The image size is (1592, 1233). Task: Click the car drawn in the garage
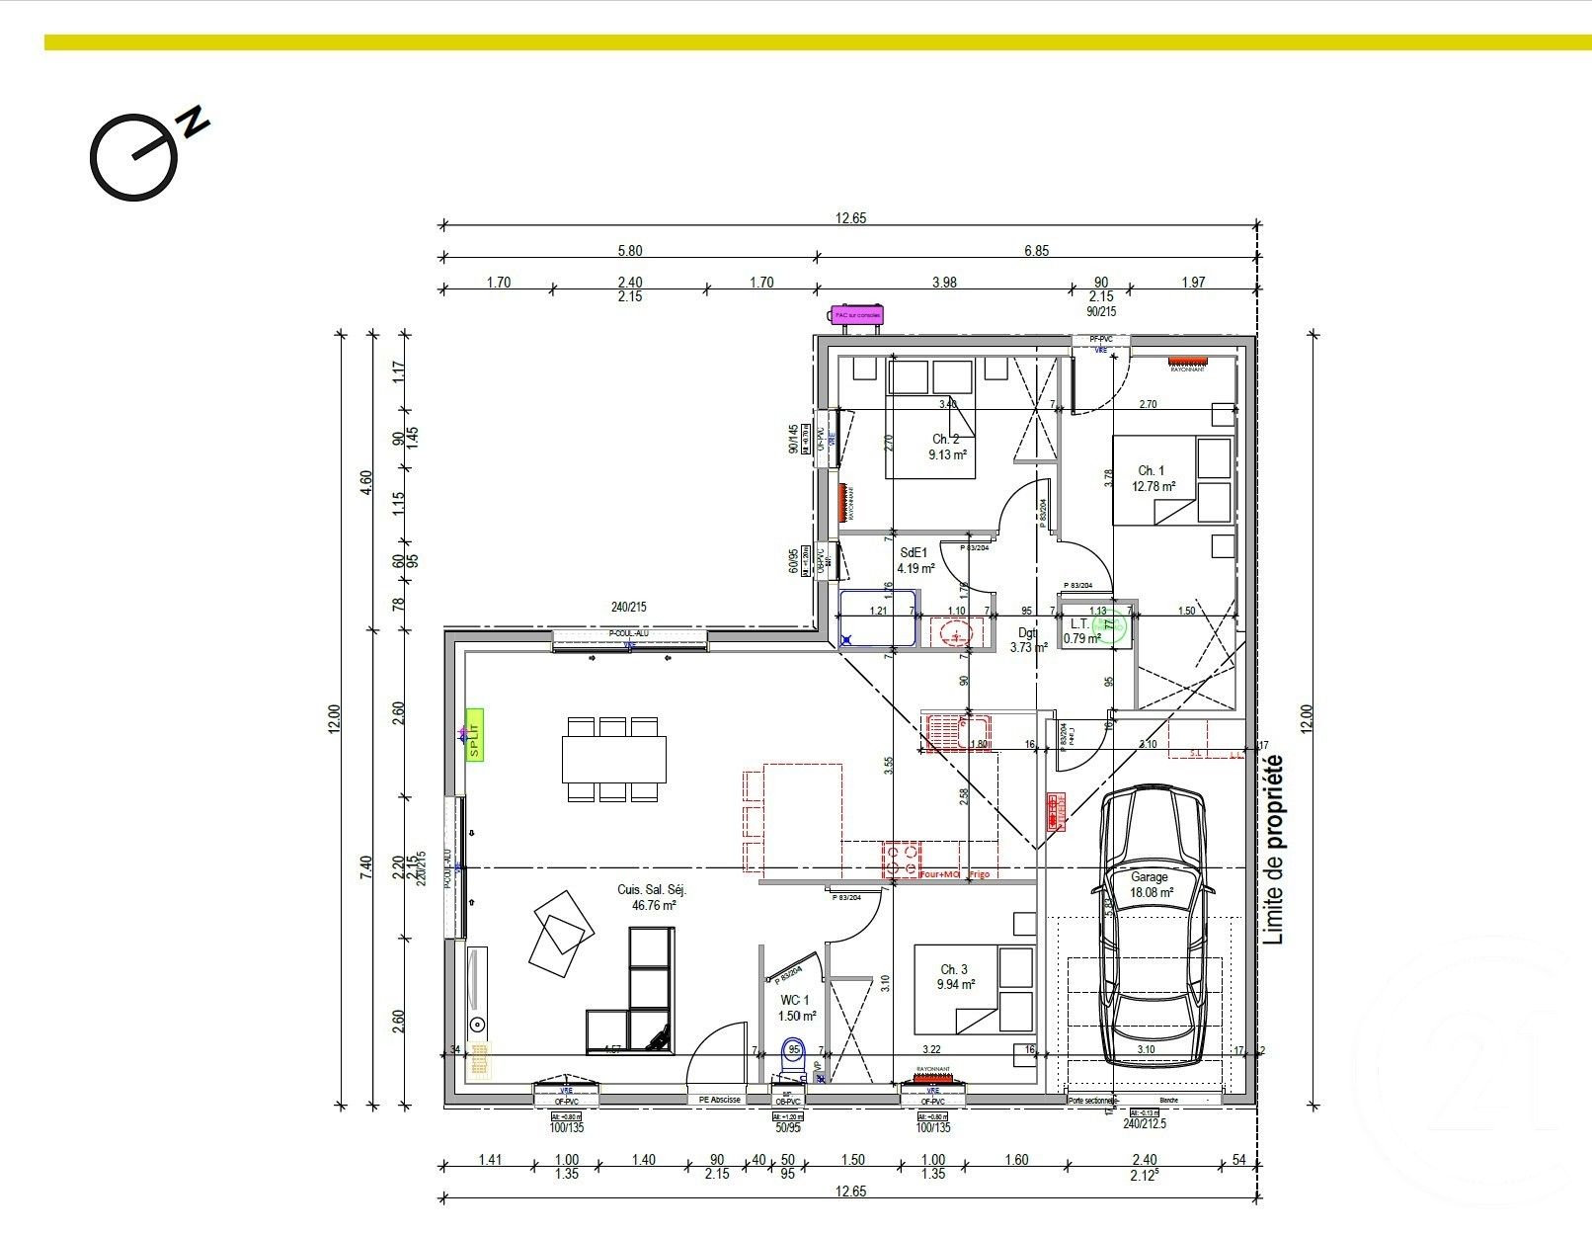[1151, 924]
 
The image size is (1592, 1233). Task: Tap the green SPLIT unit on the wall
[475, 734]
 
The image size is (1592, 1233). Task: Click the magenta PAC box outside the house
[855, 315]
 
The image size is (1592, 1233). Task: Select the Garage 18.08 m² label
[1151, 884]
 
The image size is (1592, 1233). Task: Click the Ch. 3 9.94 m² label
[955, 977]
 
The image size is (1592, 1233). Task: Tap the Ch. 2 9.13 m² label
[946, 448]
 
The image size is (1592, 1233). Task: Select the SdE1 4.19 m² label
[915, 561]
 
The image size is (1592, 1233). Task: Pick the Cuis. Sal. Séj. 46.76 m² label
[653, 897]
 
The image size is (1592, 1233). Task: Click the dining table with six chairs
[613, 759]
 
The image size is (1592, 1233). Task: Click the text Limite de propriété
[1274, 850]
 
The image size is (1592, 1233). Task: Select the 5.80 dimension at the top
[628, 251]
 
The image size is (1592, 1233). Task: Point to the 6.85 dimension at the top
[1036, 251]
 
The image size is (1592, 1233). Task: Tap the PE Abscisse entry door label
[719, 1099]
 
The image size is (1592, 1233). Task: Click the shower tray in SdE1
[879, 618]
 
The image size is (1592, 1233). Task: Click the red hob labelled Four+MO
[902, 861]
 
